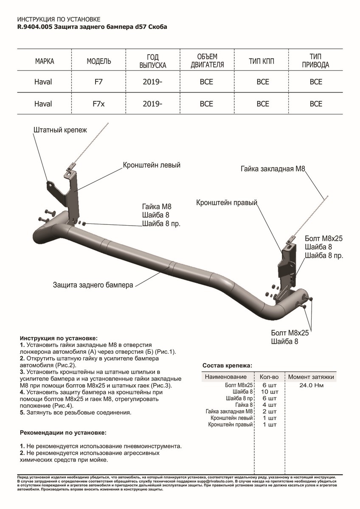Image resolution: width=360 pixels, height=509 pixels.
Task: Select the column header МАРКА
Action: tap(45, 62)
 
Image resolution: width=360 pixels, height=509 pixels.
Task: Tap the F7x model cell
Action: tap(99, 103)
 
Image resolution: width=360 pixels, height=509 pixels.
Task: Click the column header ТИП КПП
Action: tap(262, 62)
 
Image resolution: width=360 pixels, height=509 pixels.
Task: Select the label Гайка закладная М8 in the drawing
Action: tap(273, 168)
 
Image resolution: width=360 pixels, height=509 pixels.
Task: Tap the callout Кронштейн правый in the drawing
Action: tap(227, 203)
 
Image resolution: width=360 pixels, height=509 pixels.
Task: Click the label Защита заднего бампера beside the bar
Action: tap(93, 285)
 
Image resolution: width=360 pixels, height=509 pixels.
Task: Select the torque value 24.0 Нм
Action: tap(312, 386)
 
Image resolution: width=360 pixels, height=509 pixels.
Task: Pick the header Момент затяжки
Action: tap(311, 377)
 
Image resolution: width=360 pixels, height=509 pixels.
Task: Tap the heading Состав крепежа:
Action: tap(227, 365)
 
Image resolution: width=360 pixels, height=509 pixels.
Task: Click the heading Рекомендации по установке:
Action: tap(63, 433)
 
